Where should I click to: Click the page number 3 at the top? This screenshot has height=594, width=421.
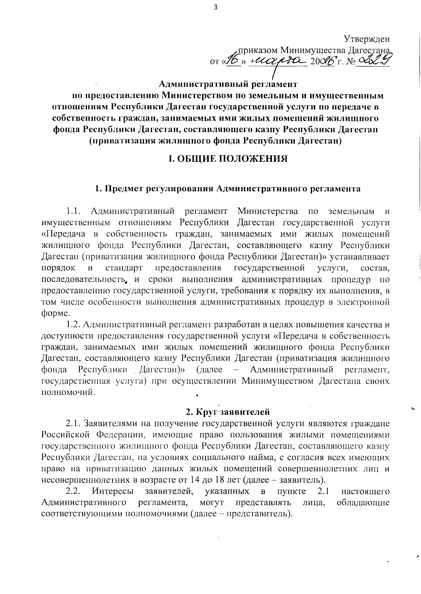pos(215,7)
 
